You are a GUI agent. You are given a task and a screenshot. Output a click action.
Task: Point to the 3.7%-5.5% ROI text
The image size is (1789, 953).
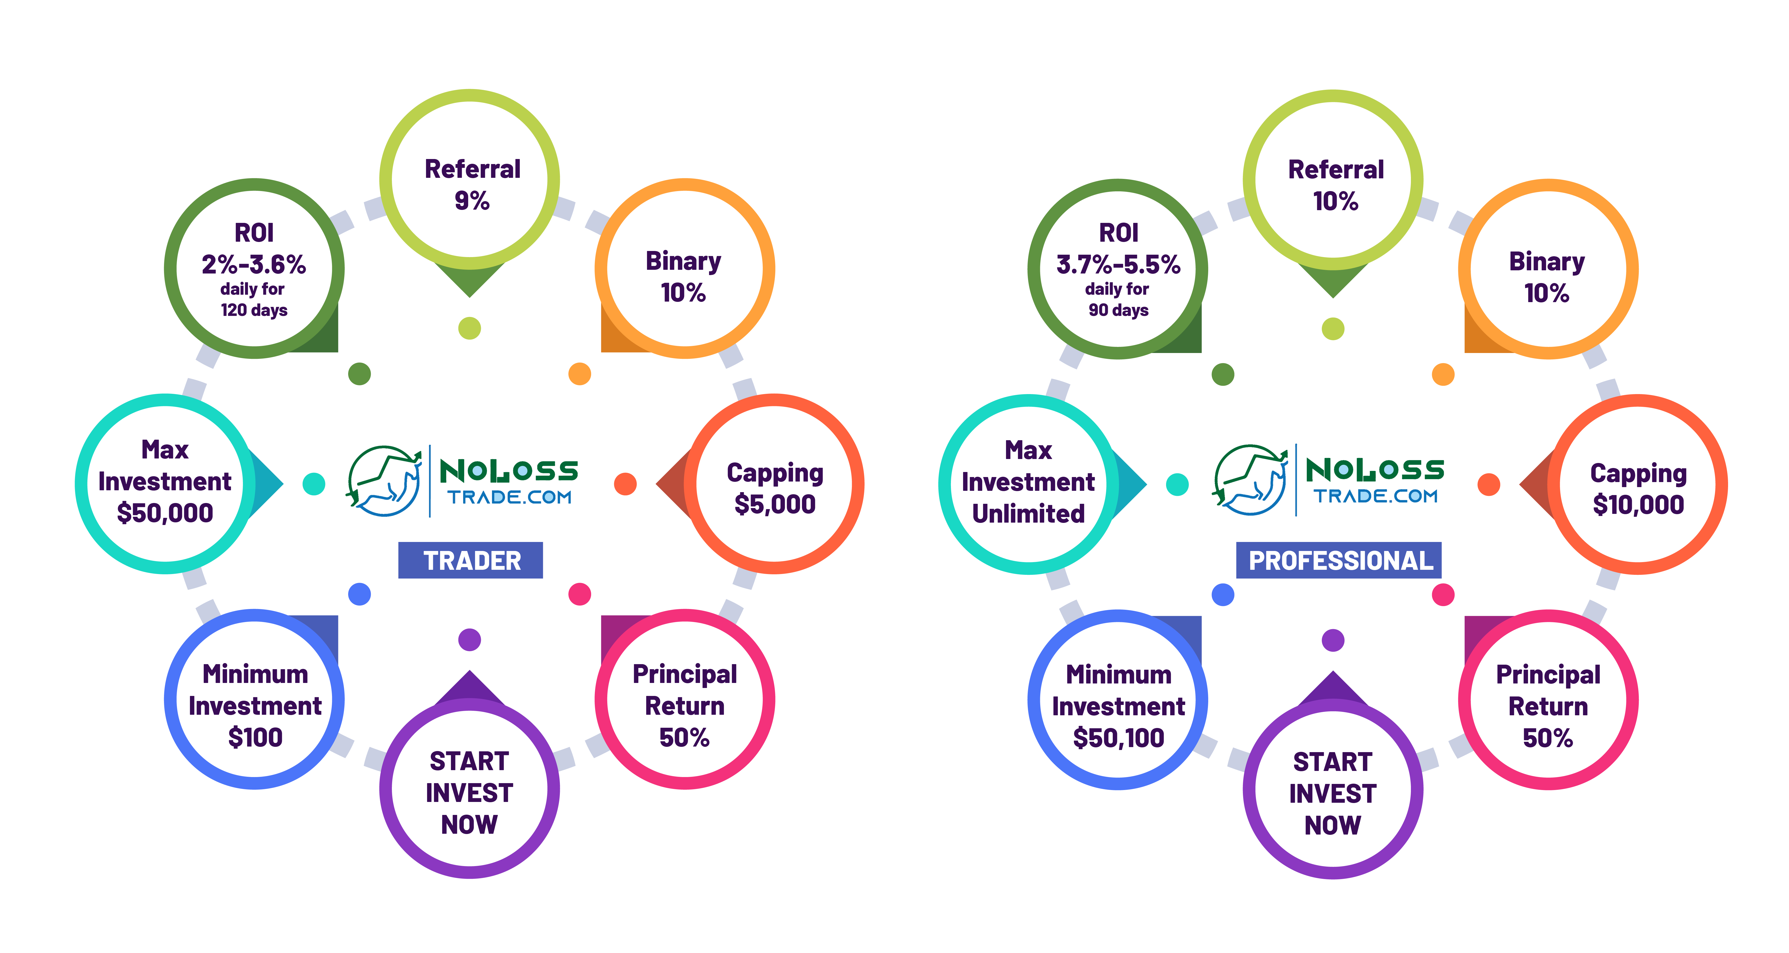coord(1118,265)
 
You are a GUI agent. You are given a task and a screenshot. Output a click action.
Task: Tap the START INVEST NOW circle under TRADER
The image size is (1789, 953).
coord(470,792)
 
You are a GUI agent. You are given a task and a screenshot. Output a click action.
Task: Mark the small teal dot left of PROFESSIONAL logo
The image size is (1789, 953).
coord(1177,484)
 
